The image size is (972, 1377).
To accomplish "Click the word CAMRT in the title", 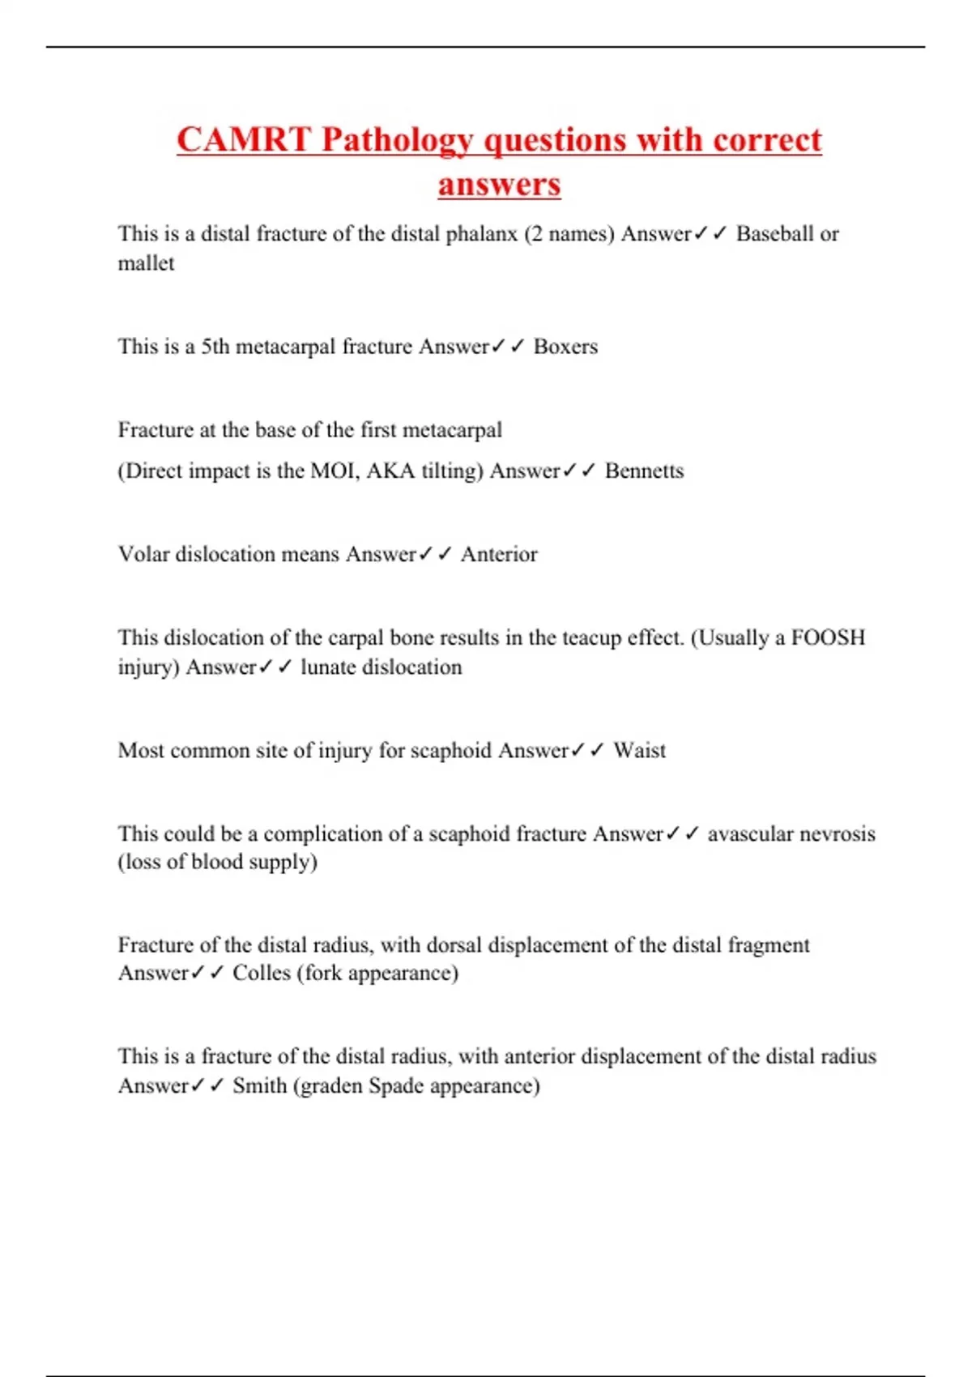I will click(243, 139).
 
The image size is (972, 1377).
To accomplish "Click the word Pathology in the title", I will click(397, 141).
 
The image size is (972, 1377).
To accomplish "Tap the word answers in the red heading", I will click(499, 185).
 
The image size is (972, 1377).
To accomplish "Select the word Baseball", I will click(774, 234).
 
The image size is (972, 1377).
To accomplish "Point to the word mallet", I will click(146, 263).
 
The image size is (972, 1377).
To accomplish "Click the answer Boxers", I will click(565, 347).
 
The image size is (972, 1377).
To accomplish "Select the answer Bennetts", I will click(644, 471).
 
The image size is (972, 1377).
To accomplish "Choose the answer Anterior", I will click(499, 554).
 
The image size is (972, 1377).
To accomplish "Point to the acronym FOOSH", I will click(828, 637).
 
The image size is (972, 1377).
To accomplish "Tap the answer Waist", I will click(639, 751).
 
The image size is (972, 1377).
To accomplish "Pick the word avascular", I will click(747, 834).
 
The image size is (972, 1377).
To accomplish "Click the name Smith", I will click(259, 1085).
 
